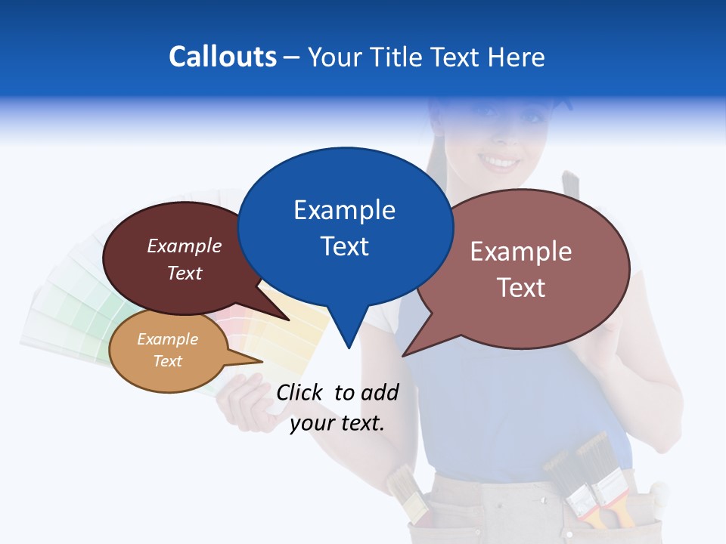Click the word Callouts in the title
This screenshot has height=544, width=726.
pos(222,57)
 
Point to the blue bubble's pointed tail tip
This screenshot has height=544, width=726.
pos(348,348)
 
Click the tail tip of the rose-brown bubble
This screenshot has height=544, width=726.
pos(404,355)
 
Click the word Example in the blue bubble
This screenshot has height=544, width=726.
pos(344,210)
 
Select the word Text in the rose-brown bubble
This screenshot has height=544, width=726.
pos(521,287)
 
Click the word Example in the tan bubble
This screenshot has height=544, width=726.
pos(167,339)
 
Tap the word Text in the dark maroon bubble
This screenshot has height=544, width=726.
pos(185,274)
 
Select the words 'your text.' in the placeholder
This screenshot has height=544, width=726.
pos(337,423)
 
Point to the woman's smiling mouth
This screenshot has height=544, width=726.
pos(500,161)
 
